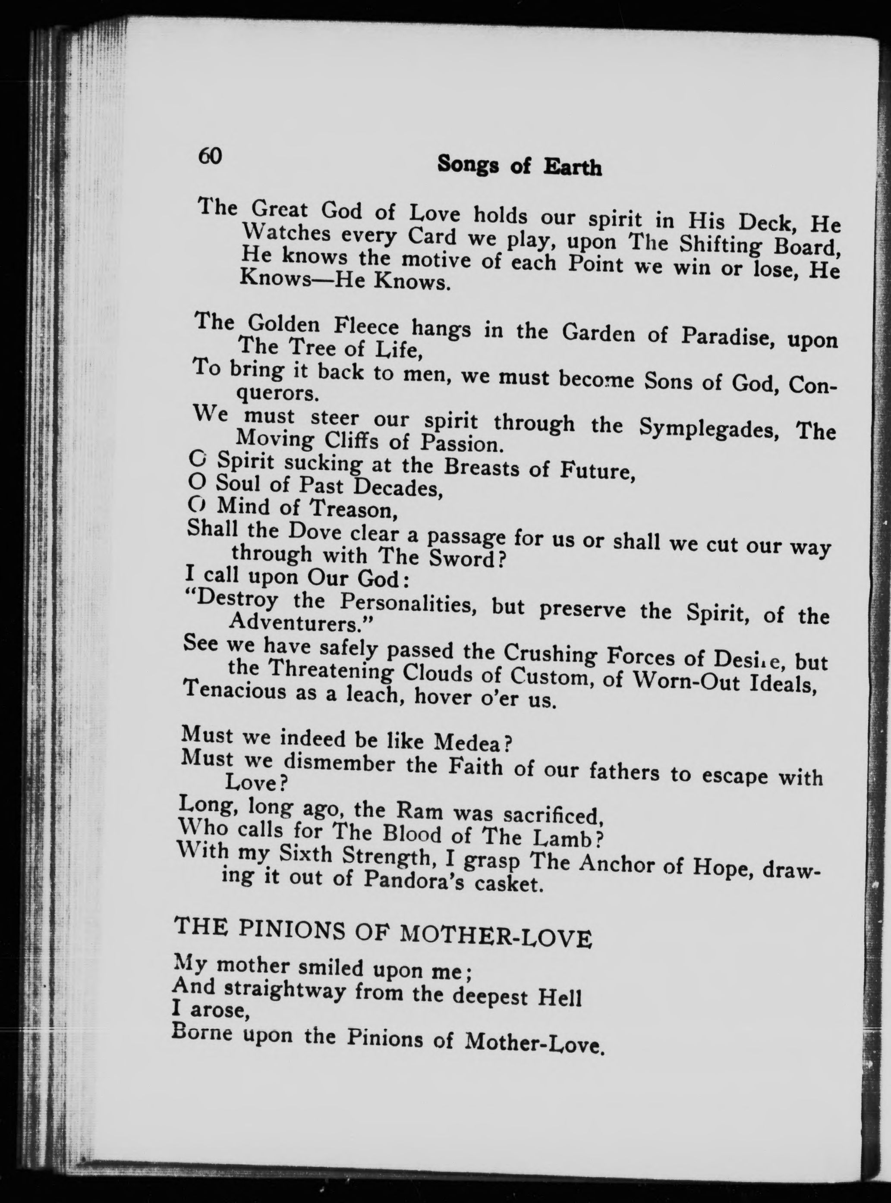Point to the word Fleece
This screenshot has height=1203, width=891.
[x=367, y=327]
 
